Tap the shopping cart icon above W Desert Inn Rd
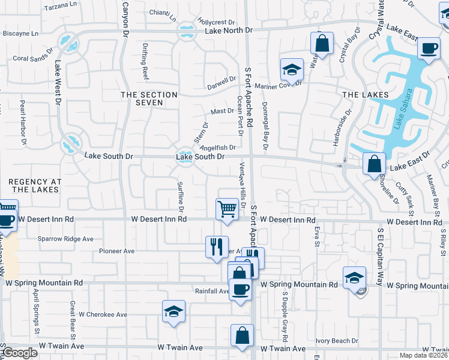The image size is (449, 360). point(227,209)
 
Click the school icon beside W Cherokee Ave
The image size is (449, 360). point(173,311)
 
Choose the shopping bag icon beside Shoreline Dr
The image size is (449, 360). point(375,163)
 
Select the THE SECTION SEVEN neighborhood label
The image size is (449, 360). point(149,99)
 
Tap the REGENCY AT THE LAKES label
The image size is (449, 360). point(35,185)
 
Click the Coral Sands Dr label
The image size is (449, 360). point(34,59)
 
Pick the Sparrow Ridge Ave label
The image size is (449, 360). point(65,239)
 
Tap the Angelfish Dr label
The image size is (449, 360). point(217,147)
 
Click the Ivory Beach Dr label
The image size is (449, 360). point(337,341)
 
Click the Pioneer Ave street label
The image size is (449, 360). point(116,251)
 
